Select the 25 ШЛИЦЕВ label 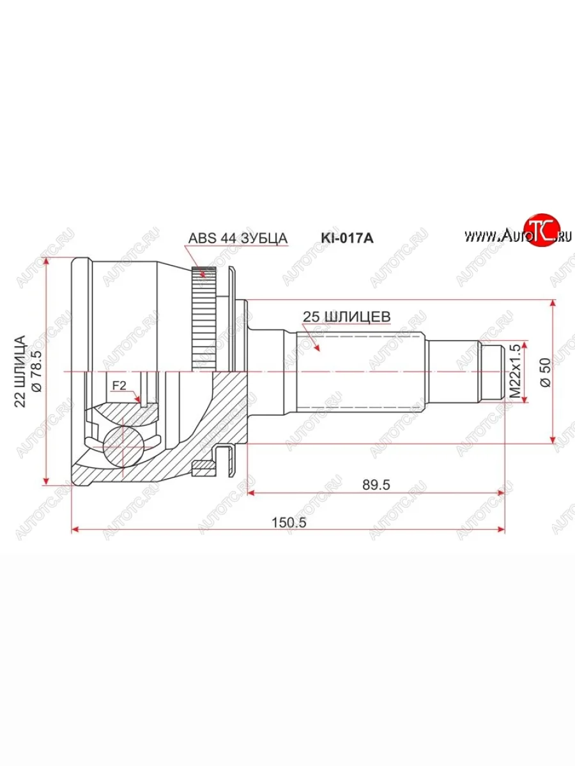[346, 315]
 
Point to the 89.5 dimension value [376, 484]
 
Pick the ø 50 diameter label [545, 370]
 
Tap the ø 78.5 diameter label [36, 371]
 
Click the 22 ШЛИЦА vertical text [20, 371]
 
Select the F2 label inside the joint [119, 386]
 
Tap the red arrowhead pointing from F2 [138, 399]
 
